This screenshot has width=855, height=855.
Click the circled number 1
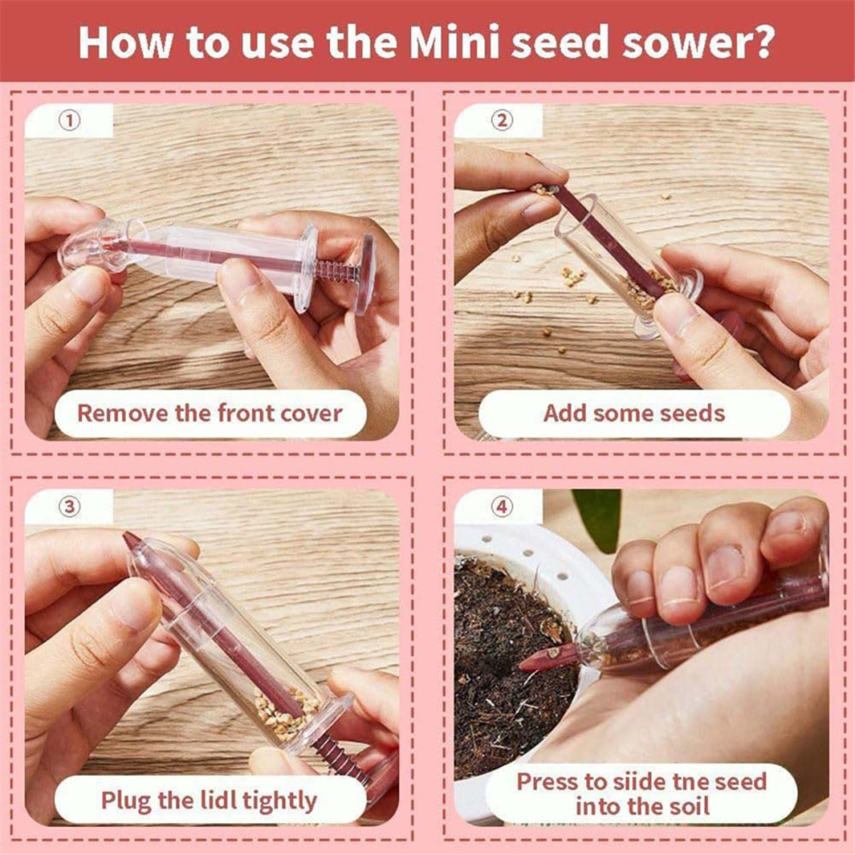click(x=69, y=121)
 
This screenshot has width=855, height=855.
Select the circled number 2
click(x=502, y=121)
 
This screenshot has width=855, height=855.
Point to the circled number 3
click(x=69, y=507)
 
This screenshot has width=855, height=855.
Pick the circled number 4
click(x=502, y=507)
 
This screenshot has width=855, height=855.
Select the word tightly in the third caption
click(x=280, y=801)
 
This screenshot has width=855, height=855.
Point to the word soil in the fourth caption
click(x=691, y=807)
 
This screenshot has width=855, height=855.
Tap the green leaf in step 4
click(x=597, y=518)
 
